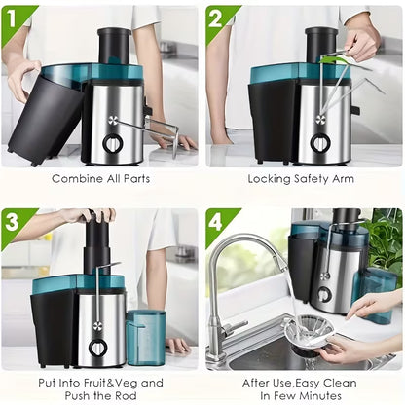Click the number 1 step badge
tap(13, 21)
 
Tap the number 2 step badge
tap(217, 21)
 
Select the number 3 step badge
tap(13, 224)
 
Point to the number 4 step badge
tap(217, 223)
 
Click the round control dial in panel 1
tap(113, 143)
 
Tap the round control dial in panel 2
tap(320, 143)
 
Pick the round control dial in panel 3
tap(97, 349)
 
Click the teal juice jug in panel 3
tap(145, 338)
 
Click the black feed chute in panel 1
tap(114, 46)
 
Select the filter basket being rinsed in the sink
tap(309, 333)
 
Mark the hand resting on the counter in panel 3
tap(177, 345)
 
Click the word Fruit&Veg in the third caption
tap(112, 383)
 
